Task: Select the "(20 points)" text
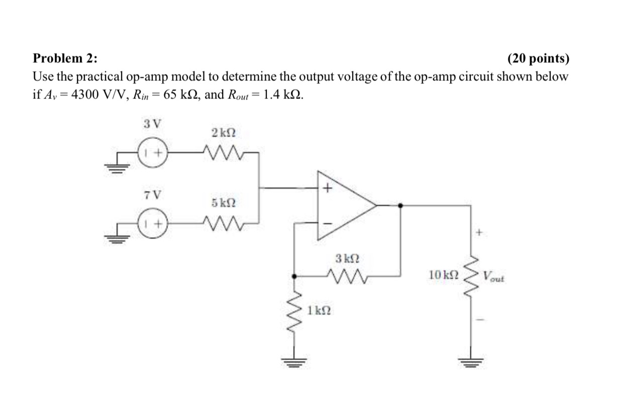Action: [539, 59]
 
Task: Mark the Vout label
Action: [493, 276]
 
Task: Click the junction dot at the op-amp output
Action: [400, 205]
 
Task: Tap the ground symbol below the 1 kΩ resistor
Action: [294, 360]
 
